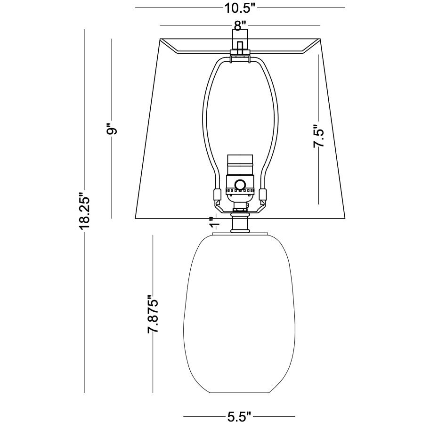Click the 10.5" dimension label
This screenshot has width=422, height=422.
pos(240,8)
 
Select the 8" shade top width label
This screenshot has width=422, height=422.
pos(240,25)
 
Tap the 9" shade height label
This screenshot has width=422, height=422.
pos(112,129)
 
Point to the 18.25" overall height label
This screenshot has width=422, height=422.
pos(84,211)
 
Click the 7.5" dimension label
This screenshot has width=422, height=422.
pos(319,136)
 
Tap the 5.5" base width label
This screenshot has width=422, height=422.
pos(239,415)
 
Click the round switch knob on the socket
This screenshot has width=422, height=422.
pos(241,184)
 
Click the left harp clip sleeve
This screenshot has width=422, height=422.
pos(218,195)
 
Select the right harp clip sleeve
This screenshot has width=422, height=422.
pos(263,195)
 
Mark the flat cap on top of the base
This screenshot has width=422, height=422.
pos(241,234)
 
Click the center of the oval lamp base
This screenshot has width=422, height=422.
pos(240,313)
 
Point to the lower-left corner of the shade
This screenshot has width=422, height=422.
pos(135,219)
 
